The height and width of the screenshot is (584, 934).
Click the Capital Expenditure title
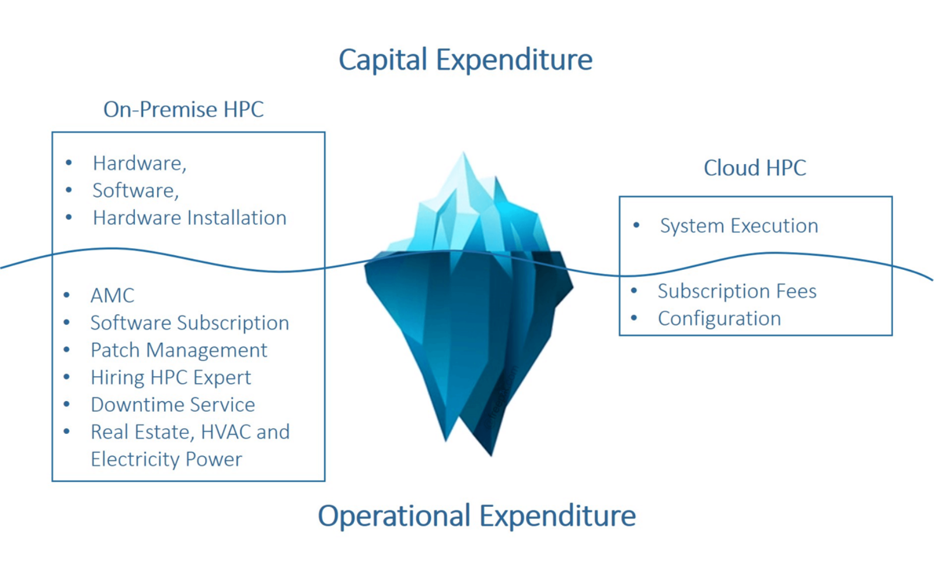pyautogui.click(x=465, y=60)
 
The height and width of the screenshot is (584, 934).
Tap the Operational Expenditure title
pyautogui.click(x=476, y=516)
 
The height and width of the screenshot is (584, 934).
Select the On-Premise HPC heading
pyautogui.click(x=183, y=109)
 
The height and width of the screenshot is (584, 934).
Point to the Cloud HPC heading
pyautogui.click(x=755, y=168)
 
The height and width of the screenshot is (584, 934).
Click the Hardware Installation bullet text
pyautogui.click(x=190, y=218)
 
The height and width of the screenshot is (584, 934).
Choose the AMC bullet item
pyautogui.click(x=113, y=296)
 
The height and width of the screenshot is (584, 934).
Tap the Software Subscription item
pyautogui.click(x=190, y=323)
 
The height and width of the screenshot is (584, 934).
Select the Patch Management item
pyautogui.click(x=179, y=350)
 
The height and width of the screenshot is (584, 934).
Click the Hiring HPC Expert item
pyautogui.click(x=171, y=377)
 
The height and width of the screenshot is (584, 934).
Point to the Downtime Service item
pyautogui.click(x=173, y=405)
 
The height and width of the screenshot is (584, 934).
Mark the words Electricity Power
pyautogui.click(x=166, y=459)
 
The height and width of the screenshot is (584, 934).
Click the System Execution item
pyautogui.click(x=739, y=225)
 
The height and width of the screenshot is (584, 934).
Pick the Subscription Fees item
pyautogui.click(x=737, y=291)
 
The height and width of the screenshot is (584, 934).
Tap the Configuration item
pyautogui.click(x=719, y=319)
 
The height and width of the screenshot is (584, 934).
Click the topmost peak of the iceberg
pyautogui.click(x=463, y=152)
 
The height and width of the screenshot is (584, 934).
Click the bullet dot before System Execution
pyautogui.click(x=636, y=225)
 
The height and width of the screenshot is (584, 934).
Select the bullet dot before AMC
pyautogui.click(x=67, y=296)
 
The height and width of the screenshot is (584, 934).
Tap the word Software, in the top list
pyautogui.click(x=135, y=190)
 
